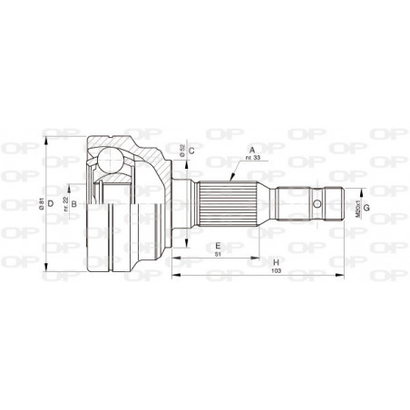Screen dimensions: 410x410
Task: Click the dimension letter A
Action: [x=250, y=151]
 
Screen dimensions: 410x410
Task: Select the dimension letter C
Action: [x=192, y=150]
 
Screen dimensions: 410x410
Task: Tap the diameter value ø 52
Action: [x=182, y=151]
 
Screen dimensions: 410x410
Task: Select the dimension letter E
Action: [x=217, y=246]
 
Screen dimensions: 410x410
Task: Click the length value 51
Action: [x=217, y=254]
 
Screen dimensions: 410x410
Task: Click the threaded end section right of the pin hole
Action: [x=333, y=203]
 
